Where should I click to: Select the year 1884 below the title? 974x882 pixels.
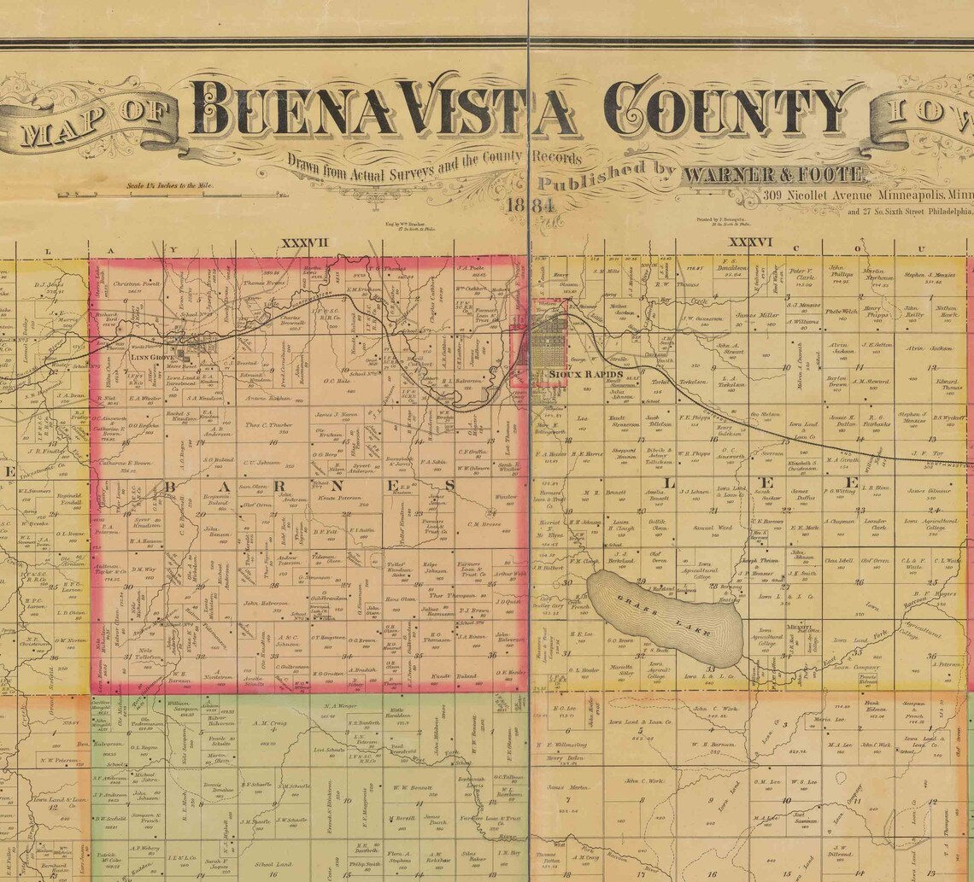[529, 206]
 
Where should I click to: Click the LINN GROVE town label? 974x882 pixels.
[152, 358]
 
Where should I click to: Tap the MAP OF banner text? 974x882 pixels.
[94, 120]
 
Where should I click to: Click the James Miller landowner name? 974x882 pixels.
[758, 315]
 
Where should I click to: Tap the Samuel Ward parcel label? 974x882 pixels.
[713, 528]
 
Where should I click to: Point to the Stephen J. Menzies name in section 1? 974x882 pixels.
[929, 275]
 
